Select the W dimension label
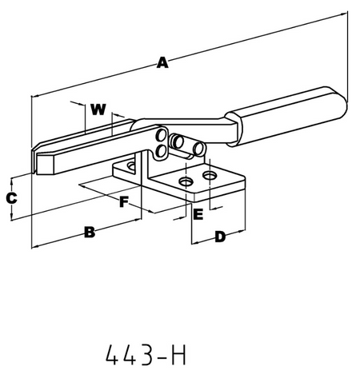[98, 108]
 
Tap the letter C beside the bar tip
[12, 197]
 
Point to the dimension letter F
[124, 202]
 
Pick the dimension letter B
[90, 233]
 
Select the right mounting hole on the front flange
[210, 175]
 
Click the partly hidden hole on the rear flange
[131, 166]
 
